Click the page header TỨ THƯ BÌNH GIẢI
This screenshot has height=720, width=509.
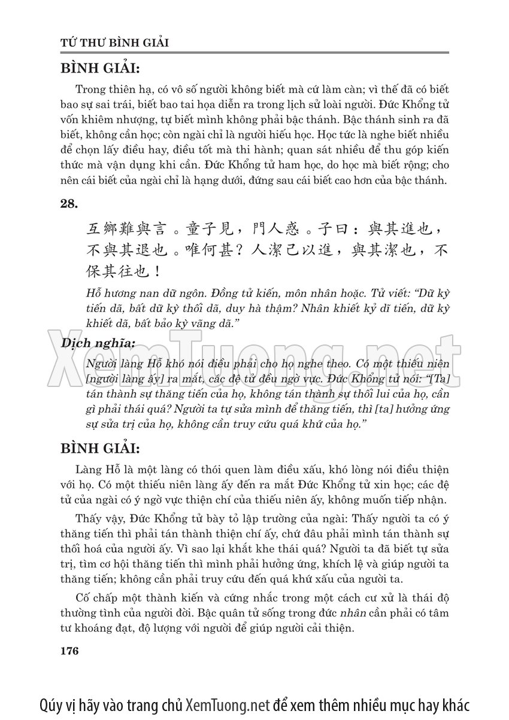coord(115,43)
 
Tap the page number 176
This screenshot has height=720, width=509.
coord(70,651)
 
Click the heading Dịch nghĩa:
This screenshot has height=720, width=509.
coord(98,344)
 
